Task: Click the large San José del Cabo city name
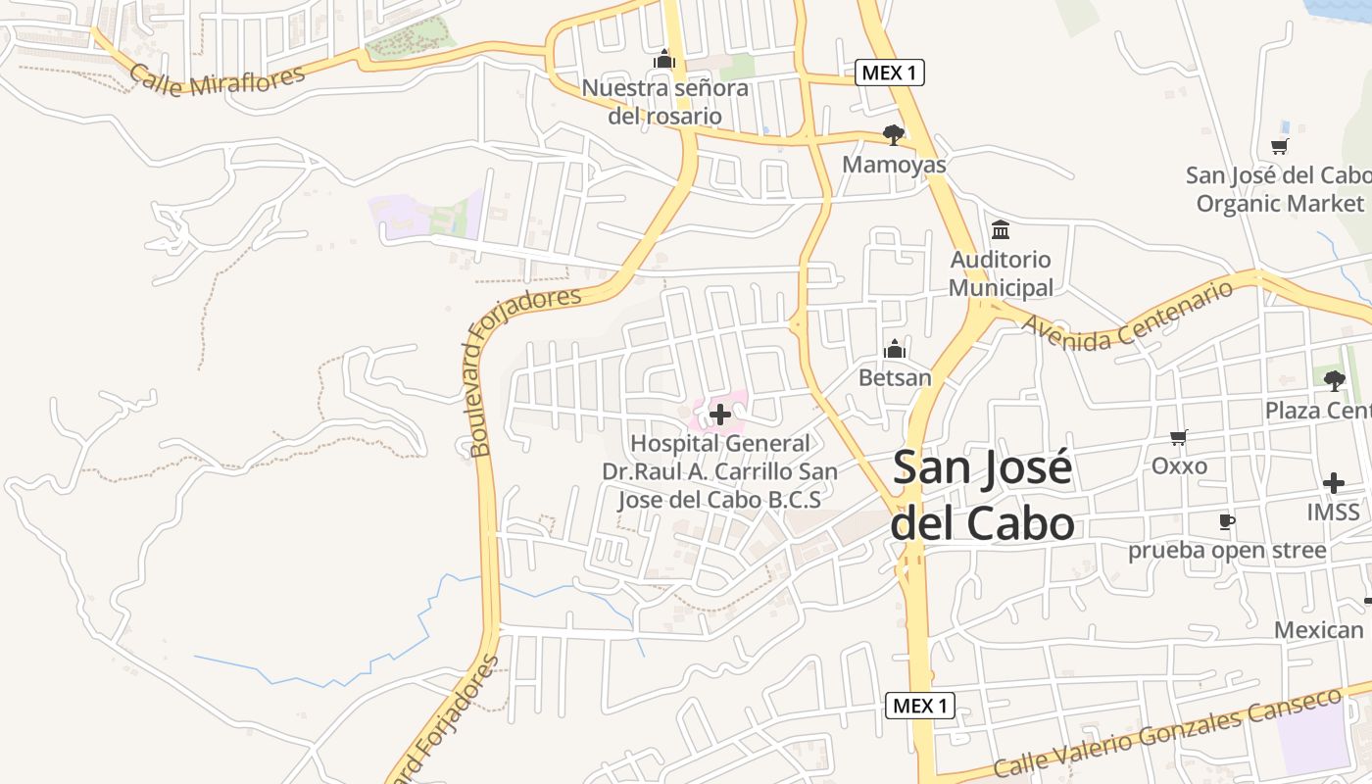click(983, 496)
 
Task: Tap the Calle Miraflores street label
click(217, 80)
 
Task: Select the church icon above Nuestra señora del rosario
click(664, 60)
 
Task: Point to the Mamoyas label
click(894, 164)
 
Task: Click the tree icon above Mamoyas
click(893, 135)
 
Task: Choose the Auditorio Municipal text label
click(1001, 273)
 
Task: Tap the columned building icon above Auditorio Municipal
click(1001, 230)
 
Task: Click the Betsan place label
click(895, 376)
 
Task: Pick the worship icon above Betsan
click(895, 349)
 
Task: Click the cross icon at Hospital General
click(720, 415)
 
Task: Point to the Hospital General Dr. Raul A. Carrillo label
click(719, 471)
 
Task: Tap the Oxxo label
click(1179, 465)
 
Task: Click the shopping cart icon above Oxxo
click(1179, 438)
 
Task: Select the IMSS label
click(1333, 512)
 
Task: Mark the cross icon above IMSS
click(1333, 483)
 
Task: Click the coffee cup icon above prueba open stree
click(1226, 521)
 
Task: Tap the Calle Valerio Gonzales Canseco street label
click(1166, 733)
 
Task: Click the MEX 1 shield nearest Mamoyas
click(890, 73)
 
